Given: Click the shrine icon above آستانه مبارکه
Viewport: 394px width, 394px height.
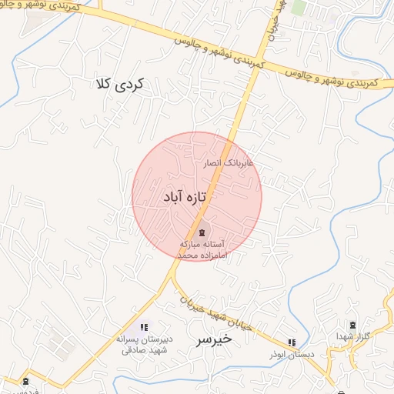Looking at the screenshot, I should tap(202, 232).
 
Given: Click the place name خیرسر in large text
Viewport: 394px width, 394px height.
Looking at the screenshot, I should tap(213, 339).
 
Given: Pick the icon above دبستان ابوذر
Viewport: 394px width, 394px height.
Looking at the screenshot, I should tap(291, 342).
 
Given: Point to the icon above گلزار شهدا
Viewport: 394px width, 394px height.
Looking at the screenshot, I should tap(353, 326).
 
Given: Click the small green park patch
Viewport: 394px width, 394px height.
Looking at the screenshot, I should tap(299, 8).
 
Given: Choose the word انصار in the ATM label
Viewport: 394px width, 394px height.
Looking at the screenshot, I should tap(212, 164).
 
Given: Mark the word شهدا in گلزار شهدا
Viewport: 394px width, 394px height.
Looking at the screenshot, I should tap(344, 338).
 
